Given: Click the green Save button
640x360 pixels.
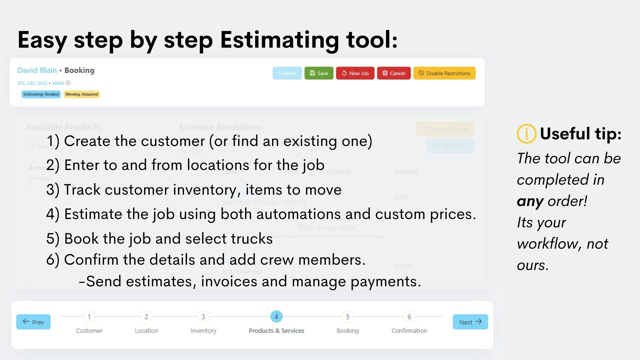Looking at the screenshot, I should coord(319,73).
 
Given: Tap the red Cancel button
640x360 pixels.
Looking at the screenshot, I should coord(394,73).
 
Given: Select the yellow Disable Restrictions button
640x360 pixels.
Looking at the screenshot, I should coord(444,73).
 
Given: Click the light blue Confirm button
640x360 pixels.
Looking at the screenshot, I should coord(287,73).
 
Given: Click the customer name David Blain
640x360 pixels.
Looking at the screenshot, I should coord(37,70).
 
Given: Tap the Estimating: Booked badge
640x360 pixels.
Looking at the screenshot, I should coord(41,94).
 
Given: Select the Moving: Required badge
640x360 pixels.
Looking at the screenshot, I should coord(82,94).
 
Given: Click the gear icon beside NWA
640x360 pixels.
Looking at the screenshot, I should coord(68,83).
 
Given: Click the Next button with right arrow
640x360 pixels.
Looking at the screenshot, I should coord(470,322).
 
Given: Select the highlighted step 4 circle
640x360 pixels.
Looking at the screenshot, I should coord(276,317).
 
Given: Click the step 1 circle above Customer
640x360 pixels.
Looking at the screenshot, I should coord(89,317).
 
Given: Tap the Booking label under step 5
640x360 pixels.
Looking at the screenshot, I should coord(348,331).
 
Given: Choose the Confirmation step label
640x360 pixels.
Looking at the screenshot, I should coord(409,331).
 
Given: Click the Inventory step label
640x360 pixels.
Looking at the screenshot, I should coord(203,331).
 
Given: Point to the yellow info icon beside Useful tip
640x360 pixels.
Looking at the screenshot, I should coord(526,134).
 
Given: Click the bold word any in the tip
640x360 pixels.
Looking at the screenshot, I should coord(530,201).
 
